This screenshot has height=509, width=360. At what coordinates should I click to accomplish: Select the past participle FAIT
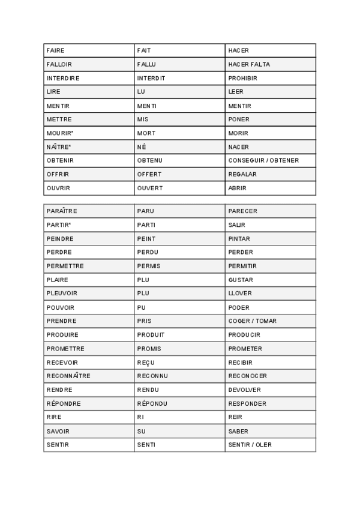[x=144, y=50]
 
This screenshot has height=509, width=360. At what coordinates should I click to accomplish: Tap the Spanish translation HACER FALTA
[x=249, y=64]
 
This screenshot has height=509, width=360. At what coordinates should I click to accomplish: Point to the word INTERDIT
[x=151, y=78]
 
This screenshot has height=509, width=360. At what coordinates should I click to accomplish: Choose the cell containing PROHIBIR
[x=242, y=78]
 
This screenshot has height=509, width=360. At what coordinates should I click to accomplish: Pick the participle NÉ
[x=142, y=147]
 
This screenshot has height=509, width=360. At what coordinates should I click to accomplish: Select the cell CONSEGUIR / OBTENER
[x=263, y=160]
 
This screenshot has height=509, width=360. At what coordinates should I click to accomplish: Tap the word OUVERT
[x=150, y=188]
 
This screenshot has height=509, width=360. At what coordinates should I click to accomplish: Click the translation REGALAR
[x=242, y=174]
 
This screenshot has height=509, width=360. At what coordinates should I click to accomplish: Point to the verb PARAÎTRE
[x=62, y=211]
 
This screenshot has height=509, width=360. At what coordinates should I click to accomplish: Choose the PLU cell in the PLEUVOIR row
[x=143, y=294]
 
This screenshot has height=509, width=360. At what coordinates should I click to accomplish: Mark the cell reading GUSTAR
[x=241, y=280]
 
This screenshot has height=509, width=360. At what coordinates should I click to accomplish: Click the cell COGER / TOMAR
[x=252, y=321]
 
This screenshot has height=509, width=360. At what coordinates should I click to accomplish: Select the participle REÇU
[x=145, y=363]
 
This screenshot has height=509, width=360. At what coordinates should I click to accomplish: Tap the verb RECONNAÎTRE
[x=68, y=376]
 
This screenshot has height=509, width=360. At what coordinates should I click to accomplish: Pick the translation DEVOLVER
[x=245, y=390]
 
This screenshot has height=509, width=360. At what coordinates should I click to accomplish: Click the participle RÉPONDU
[x=152, y=403]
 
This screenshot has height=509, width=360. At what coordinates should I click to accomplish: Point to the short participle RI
[x=140, y=417]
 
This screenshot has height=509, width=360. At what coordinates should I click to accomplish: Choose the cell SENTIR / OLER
[x=250, y=445]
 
